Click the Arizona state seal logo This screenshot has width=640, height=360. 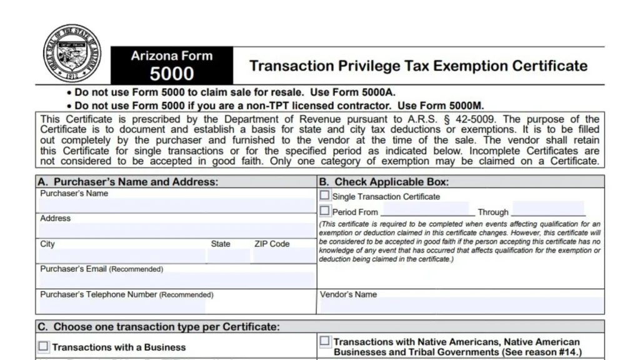coord(72,53)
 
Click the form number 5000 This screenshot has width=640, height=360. coord(172,73)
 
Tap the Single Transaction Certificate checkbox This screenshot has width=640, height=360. coord(325,196)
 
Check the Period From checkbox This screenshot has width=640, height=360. coord(325,211)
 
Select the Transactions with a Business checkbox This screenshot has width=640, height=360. coord(43,346)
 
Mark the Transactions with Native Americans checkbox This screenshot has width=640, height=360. coord(325,341)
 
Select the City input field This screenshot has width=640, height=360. coord(122,256)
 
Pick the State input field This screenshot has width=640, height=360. coord(229,256)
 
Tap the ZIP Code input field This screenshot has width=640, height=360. coord(282,256)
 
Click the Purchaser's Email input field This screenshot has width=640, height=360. coord(176,281)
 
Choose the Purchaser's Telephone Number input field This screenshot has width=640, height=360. coord(122,306)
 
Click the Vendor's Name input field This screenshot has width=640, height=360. coord(461,306)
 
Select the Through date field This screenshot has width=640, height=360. coord(547,209)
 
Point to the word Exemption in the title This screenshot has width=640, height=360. coord(464,66)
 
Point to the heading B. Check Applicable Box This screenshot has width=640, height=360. coord(384,182)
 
